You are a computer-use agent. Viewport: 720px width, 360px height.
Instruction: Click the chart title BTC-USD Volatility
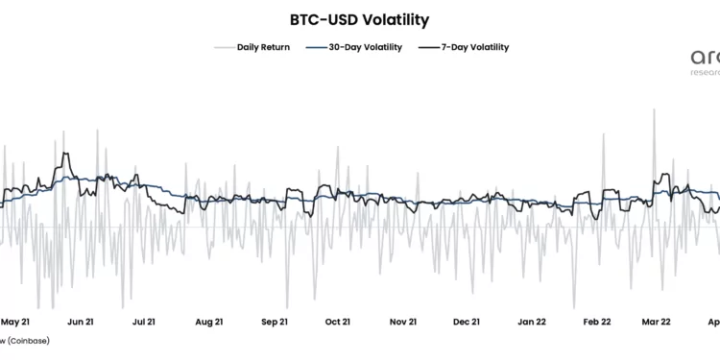tap(359, 19)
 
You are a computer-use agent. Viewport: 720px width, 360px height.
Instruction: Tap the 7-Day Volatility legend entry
tap(475, 47)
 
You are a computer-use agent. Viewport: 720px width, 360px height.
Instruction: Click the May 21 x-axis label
tap(17, 323)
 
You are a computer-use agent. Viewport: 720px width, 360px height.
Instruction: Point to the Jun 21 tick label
tap(82, 323)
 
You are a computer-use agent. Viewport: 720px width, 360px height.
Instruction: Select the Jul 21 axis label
tap(144, 323)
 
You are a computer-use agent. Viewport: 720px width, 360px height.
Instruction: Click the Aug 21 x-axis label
tap(208, 323)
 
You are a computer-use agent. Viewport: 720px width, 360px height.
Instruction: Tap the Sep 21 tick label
tap(274, 323)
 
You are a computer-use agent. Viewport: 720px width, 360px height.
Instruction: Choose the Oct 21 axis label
tap(337, 323)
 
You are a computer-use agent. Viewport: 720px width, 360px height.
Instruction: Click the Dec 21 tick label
tap(466, 323)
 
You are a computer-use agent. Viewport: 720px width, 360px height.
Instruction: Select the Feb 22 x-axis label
tap(595, 323)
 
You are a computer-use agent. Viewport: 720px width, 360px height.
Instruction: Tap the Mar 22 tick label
tap(658, 323)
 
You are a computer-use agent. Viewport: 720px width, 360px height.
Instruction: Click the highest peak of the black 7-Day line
tap(64, 154)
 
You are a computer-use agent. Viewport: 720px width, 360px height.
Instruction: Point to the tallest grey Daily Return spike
tap(654, 109)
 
